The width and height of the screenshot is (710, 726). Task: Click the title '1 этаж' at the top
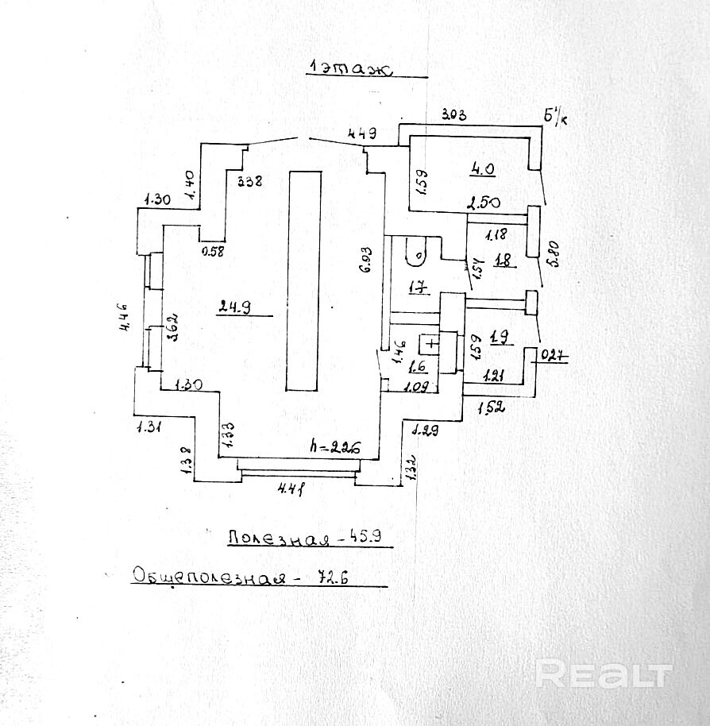350,70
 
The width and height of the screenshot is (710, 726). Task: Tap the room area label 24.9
232,307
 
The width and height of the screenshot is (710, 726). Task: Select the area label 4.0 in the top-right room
482,169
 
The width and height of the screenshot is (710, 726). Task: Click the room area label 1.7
417,287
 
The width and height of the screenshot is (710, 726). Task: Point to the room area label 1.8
502,261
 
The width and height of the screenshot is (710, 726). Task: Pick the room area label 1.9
500,338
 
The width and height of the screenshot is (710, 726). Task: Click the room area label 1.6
417,367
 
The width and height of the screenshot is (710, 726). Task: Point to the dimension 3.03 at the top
453,116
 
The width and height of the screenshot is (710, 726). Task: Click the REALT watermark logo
603,674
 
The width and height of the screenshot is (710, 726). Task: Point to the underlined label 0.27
554,356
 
